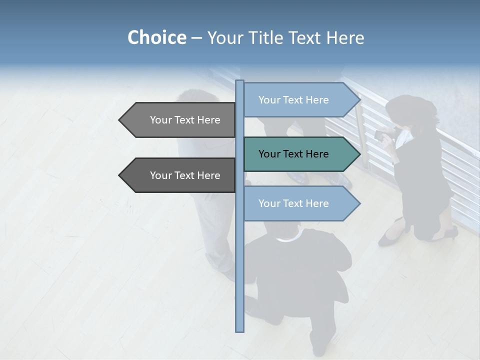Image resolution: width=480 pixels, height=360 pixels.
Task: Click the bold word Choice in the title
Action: [156, 37]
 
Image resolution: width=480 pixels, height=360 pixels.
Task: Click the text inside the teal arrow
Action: [293, 154]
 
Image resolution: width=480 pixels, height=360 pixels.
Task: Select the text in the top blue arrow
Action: [293, 100]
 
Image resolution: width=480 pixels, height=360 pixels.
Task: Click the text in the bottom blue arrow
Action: [293, 203]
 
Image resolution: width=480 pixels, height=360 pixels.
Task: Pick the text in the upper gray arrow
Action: [185, 120]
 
